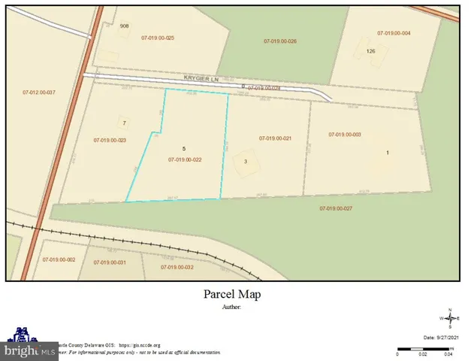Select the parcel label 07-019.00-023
(x=110, y=140)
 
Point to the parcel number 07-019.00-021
(x=275, y=138)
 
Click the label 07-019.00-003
(x=345, y=135)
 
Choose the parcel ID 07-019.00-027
(x=336, y=208)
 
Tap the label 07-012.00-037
(x=40, y=93)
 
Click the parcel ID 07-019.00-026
(x=281, y=41)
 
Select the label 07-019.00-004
(x=394, y=34)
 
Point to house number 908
(x=125, y=26)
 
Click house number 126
(x=370, y=51)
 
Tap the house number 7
(x=125, y=123)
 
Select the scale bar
(x=424, y=348)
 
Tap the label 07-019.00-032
(x=178, y=267)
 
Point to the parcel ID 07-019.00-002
(x=59, y=259)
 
